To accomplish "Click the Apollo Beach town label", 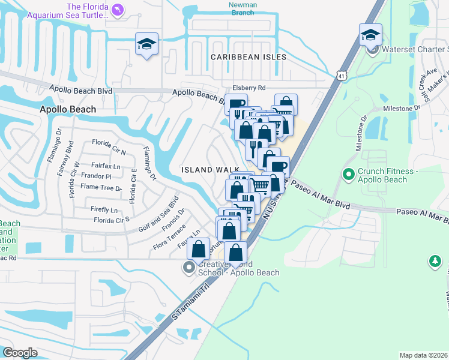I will [67, 109].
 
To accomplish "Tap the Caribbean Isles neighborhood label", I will [248, 57].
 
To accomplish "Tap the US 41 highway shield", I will [341, 76].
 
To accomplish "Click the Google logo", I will [20, 353].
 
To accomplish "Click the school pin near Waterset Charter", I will [370, 35].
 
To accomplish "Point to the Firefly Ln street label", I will [104, 209].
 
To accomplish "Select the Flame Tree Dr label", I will [101, 187].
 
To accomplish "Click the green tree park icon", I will [435, 262].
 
